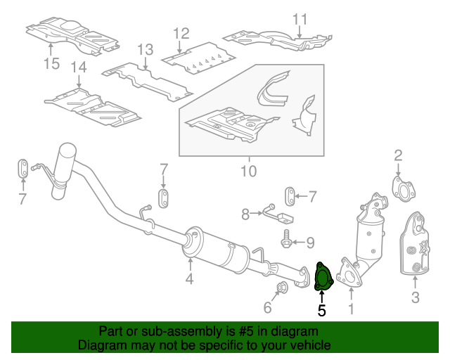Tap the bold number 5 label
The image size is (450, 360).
[x=322, y=309]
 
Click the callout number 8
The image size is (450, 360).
[x=245, y=212]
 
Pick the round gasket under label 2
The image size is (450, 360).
[x=402, y=188]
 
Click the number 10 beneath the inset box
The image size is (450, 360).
[x=249, y=170]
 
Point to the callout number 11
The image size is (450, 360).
[x=300, y=19]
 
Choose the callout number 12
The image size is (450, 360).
[x=181, y=33]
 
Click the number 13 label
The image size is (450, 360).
[x=145, y=49]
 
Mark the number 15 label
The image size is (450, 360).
[x=51, y=64]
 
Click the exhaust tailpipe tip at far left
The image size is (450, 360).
[x=67, y=153]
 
